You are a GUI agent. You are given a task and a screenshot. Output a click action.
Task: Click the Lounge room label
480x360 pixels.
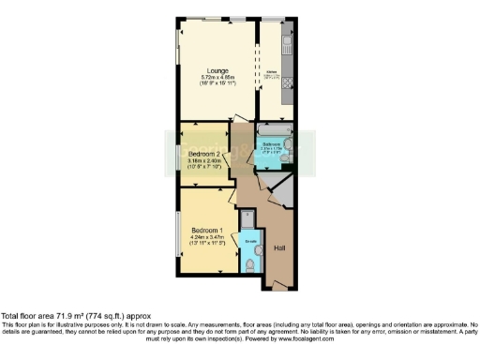click(x=217, y=71)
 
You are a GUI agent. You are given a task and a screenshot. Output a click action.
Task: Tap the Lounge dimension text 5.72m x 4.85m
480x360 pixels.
click(x=217, y=78)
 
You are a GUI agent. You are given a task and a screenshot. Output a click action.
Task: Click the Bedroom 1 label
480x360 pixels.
click(x=206, y=231)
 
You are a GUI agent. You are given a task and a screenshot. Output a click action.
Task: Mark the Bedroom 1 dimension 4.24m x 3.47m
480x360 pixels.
click(x=206, y=238)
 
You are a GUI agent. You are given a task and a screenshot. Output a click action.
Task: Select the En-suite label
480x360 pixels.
click(x=250, y=243)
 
